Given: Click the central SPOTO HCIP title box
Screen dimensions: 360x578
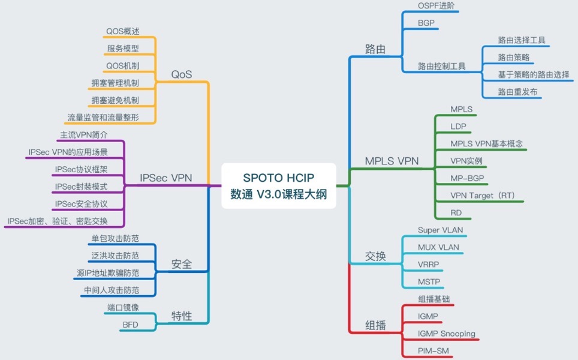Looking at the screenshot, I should point(279,186).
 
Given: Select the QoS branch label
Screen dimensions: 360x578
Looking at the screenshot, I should point(182,74).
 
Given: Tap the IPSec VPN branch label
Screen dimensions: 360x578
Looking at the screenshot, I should point(165,178).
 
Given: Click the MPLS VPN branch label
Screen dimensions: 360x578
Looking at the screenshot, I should point(392,161).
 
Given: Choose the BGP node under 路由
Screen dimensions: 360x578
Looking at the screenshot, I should point(426,23).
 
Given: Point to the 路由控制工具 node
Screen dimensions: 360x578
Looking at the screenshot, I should point(441,66).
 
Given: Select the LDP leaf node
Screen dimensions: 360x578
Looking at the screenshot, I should point(458,126).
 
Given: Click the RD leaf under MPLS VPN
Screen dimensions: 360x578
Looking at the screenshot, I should point(456,213).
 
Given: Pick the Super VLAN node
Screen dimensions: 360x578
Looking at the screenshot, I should point(440,230).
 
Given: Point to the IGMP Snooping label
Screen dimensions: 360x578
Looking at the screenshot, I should point(446,334).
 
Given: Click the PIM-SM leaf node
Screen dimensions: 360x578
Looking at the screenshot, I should point(433,351).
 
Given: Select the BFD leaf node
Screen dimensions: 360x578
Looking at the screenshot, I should point(130,325).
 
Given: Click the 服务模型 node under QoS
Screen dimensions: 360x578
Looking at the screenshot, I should point(123,49).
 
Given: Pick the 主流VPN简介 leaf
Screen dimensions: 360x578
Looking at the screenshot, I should point(84,135).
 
